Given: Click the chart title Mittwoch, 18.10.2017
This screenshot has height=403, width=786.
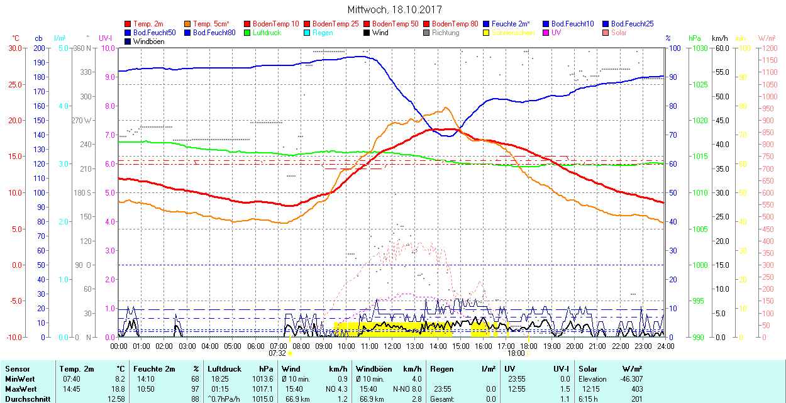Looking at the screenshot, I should [x=394, y=10].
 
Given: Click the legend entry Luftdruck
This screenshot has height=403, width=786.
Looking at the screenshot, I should [x=266, y=33].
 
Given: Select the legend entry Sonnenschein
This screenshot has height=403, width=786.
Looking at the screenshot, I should [x=513, y=33].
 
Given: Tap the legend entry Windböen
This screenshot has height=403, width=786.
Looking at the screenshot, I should [x=148, y=41].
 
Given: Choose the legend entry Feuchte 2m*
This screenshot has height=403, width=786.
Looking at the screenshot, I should [x=511, y=24].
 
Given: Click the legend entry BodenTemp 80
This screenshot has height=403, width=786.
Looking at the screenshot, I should [x=455, y=24].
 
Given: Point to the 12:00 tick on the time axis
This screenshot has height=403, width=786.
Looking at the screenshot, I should [x=392, y=346].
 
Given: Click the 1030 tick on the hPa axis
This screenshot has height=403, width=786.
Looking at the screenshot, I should [x=698, y=48].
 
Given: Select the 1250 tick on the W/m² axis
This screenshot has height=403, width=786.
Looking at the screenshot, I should [x=769, y=48].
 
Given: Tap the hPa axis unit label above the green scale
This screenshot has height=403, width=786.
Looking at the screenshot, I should [x=694, y=38].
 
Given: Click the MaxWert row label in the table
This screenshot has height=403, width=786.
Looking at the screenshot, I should [x=21, y=389].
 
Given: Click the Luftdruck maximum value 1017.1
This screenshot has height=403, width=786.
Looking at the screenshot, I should [x=265, y=389].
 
